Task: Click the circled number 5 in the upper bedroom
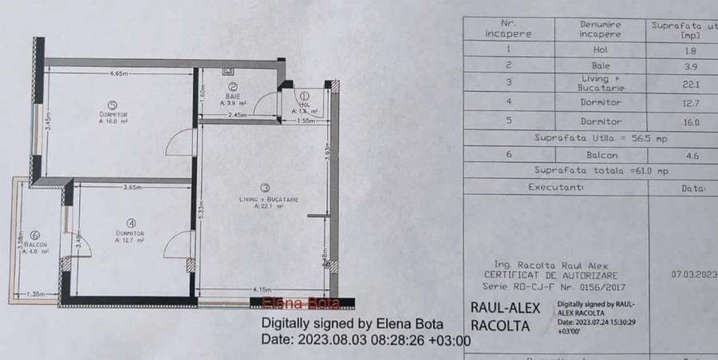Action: click(112, 104)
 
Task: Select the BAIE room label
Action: click(233, 96)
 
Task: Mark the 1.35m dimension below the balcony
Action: click(36, 295)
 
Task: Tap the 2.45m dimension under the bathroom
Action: click(237, 116)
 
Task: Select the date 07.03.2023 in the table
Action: click(689, 272)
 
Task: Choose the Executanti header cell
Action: click(555, 188)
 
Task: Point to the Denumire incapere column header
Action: click(600, 30)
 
